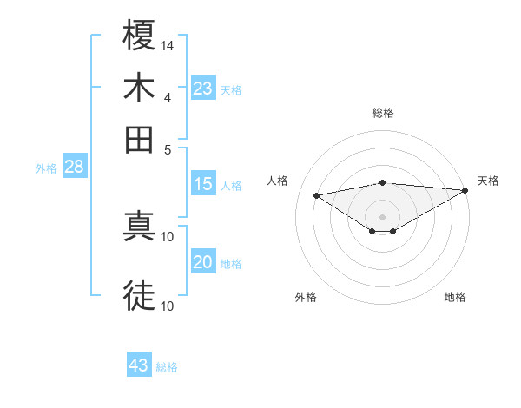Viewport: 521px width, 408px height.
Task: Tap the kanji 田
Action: [140, 138]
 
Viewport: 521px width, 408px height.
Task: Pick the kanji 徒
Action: [140, 295]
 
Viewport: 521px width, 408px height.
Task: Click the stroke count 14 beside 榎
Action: [168, 44]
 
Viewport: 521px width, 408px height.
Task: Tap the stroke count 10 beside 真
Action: [168, 236]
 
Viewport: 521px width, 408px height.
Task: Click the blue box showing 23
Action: [203, 89]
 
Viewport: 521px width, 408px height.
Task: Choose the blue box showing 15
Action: [203, 184]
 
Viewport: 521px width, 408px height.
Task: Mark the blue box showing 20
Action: [203, 262]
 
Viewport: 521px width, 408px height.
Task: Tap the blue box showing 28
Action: [74, 168]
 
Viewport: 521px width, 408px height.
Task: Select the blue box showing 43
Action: [139, 365]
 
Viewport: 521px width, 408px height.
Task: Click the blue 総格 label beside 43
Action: [167, 367]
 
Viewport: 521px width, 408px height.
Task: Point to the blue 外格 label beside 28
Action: [46, 169]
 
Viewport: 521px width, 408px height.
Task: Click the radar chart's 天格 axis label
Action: [488, 181]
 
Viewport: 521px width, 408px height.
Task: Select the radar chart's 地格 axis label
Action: [455, 297]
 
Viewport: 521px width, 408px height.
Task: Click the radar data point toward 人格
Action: [316, 194]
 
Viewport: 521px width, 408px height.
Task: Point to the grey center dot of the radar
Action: [382, 216]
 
